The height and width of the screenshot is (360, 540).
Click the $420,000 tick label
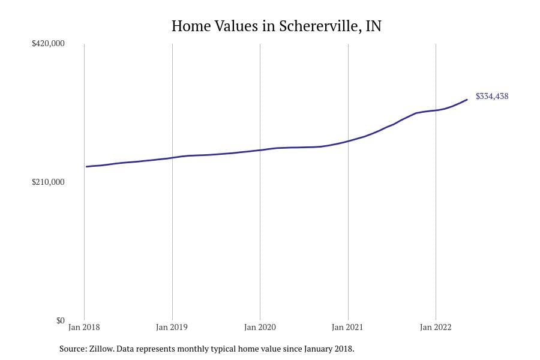(x=48, y=44)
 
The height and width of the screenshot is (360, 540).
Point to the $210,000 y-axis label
(x=48, y=182)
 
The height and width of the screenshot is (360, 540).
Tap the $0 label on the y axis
(x=60, y=320)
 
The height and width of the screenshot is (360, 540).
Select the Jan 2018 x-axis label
(x=85, y=328)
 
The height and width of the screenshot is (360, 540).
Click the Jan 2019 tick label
(x=172, y=328)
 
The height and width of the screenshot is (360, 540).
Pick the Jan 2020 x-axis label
(x=260, y=328)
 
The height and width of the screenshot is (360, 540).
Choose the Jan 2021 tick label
(x=347, y=328)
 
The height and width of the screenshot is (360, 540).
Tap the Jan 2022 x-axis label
(x=435, y=328)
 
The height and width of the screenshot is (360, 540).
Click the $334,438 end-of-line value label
(x=492, y=96)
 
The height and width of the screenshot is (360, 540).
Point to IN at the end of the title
(x=373, y=26)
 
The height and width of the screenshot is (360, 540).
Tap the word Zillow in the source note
(x=101, y=349)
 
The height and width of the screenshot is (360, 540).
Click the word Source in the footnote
(x=72, y=349)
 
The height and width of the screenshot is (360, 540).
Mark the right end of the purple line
(x=467, y=100)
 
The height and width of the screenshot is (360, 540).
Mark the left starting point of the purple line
(x=86, y=167)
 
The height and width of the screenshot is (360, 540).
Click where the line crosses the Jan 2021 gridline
(x=348, y=141)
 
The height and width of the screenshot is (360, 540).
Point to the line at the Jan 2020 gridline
(x=260, y=150)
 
